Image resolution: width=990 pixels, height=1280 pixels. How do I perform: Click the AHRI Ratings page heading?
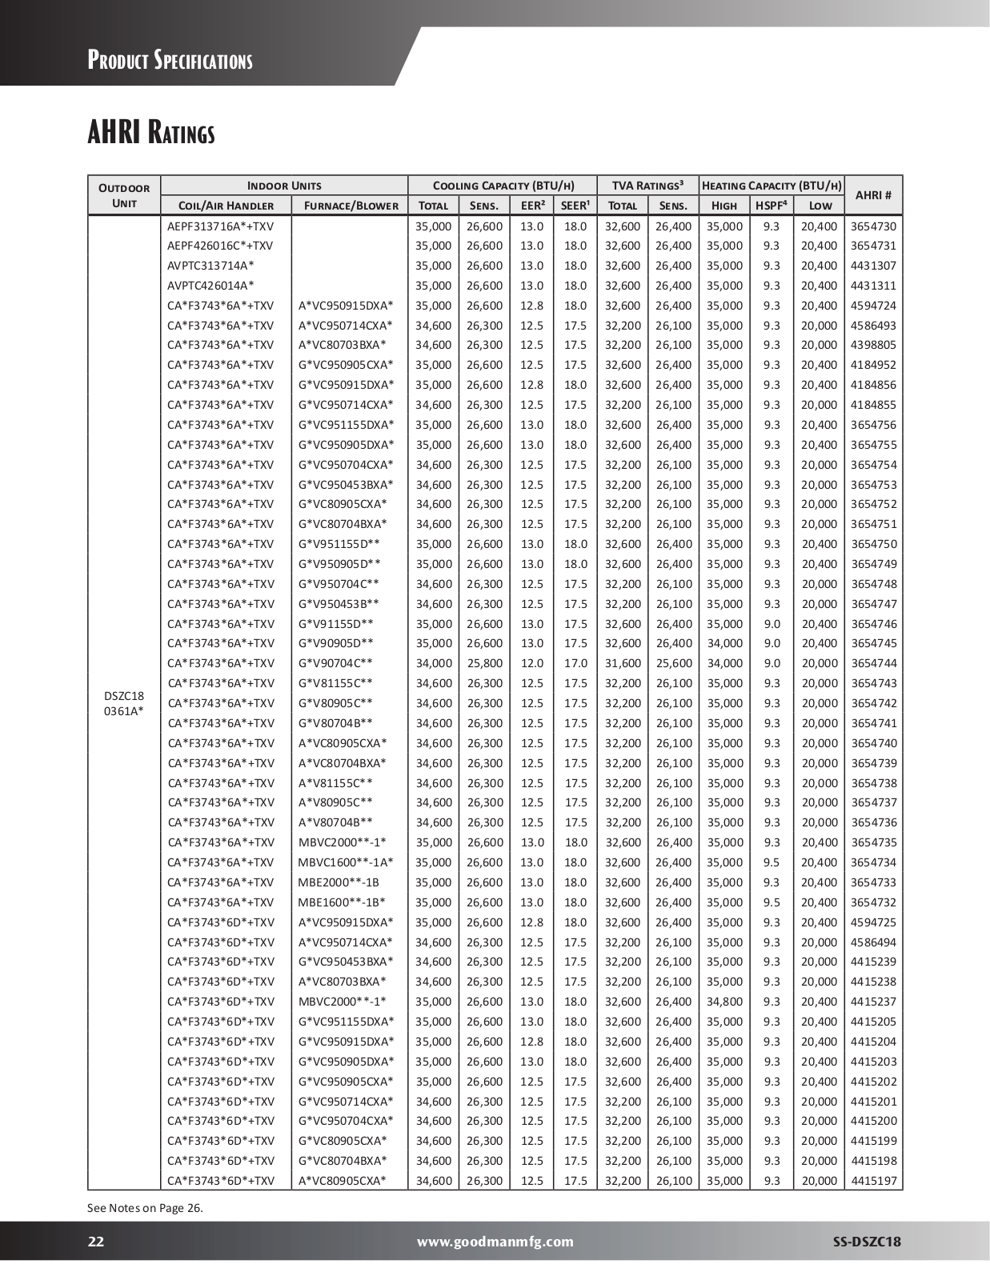(151, 132)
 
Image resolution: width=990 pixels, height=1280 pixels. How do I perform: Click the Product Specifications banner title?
(170, 60)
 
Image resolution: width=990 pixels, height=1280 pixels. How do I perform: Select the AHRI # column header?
(873, 195)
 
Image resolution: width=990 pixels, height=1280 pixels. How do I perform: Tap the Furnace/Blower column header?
(350, 206)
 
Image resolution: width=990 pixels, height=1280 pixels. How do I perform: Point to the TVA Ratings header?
(647, 186)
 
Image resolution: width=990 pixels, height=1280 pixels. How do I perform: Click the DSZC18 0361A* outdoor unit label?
(124, 703)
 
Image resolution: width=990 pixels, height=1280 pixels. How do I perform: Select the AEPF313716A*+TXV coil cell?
(220, 226)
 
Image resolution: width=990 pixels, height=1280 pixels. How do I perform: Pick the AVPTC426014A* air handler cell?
(211, 286)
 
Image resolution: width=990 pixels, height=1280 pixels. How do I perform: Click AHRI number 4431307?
(873, 266)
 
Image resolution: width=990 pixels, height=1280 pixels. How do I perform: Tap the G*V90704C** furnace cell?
(336, 663)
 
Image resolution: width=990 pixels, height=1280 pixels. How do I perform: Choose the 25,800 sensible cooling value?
(485, 663)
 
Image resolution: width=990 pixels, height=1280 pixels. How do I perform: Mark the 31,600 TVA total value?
(623, 663)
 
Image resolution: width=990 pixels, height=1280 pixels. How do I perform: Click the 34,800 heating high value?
(724, 1002)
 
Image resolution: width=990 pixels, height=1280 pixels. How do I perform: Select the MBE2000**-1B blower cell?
(339, 882)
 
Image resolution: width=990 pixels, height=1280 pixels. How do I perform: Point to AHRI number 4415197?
(873, 1181)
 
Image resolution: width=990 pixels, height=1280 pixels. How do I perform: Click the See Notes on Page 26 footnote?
(145, 1208)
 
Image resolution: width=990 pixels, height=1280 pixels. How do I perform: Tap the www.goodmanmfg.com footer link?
(495, 1242)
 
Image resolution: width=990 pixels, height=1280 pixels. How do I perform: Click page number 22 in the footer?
(96, 1242)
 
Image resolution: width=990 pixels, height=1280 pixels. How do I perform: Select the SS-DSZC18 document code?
(867, 1242)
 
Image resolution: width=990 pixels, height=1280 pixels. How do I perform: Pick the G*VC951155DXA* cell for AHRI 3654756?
(347, 425)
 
